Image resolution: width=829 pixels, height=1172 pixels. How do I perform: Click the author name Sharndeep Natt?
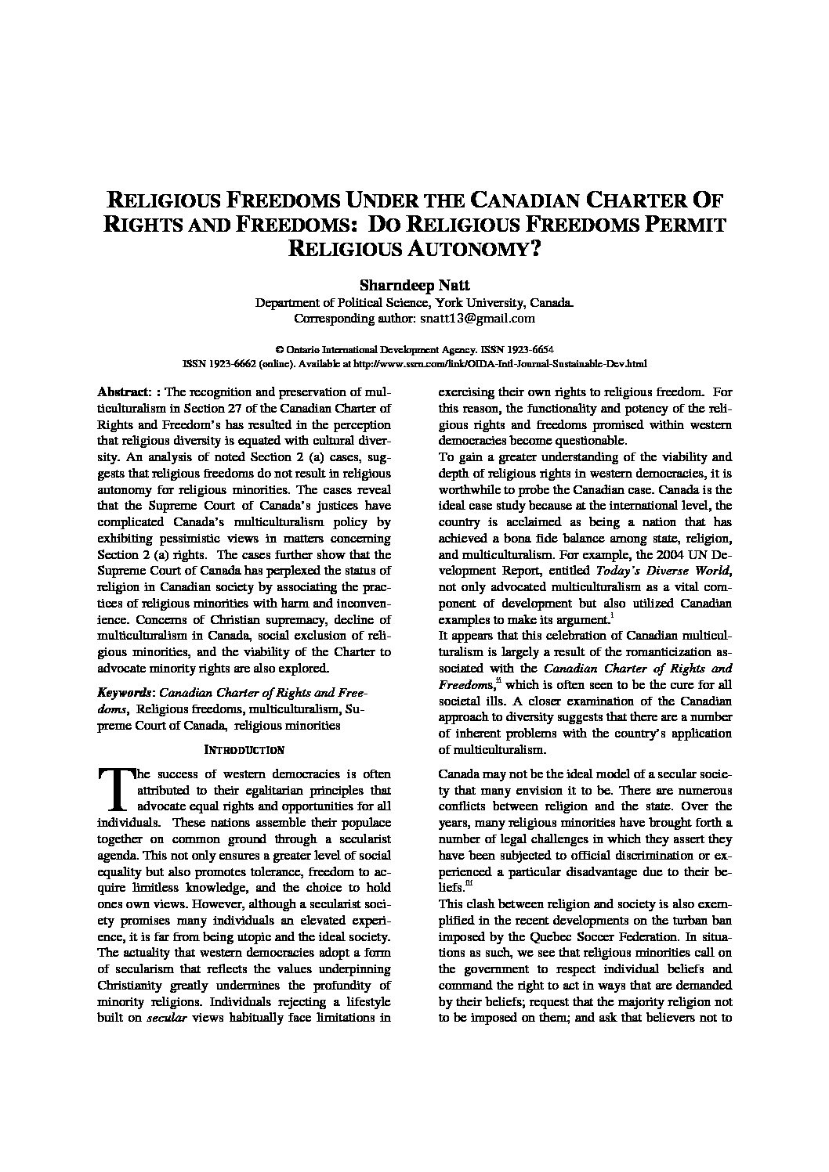(414, 285)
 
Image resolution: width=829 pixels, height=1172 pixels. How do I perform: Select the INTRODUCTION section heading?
(244, 750)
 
